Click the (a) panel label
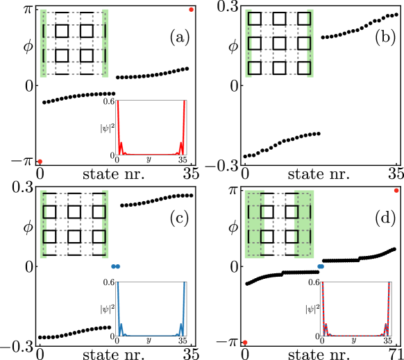[179, 37]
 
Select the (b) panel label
[385, 37]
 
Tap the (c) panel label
[179, 218]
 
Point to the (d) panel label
[385, 218]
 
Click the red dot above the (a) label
[191, 9]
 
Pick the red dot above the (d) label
[396, 190]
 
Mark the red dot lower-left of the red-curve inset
[40, 161]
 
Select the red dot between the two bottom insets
[245, 342]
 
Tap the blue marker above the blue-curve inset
[116, 266]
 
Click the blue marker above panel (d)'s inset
[321, 266]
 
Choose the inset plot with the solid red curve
[151, 128]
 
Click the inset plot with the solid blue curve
[151, 309]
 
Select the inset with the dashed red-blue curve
[355, 309]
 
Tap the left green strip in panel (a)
[43, 43]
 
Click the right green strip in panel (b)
[310, 43]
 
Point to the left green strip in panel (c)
[43, 224]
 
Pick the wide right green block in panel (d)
[303, 224]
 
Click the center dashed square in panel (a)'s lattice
[74, 43]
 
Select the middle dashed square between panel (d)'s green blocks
[279, 224]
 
